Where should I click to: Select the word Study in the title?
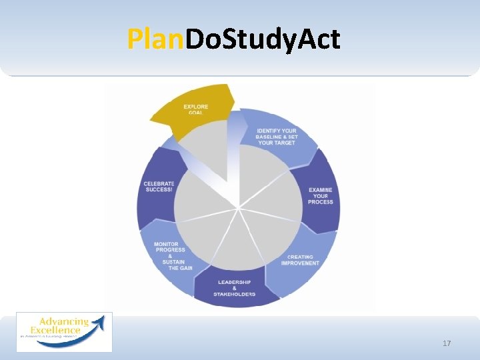255,40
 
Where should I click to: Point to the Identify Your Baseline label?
277,137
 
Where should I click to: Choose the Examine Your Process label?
321,196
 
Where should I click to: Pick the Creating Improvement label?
301,260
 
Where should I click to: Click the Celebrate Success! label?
159,187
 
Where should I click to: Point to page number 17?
447,343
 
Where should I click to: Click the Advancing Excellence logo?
64,331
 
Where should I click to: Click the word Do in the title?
198,40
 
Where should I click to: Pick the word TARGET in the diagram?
283,143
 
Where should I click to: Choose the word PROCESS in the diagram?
321,202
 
